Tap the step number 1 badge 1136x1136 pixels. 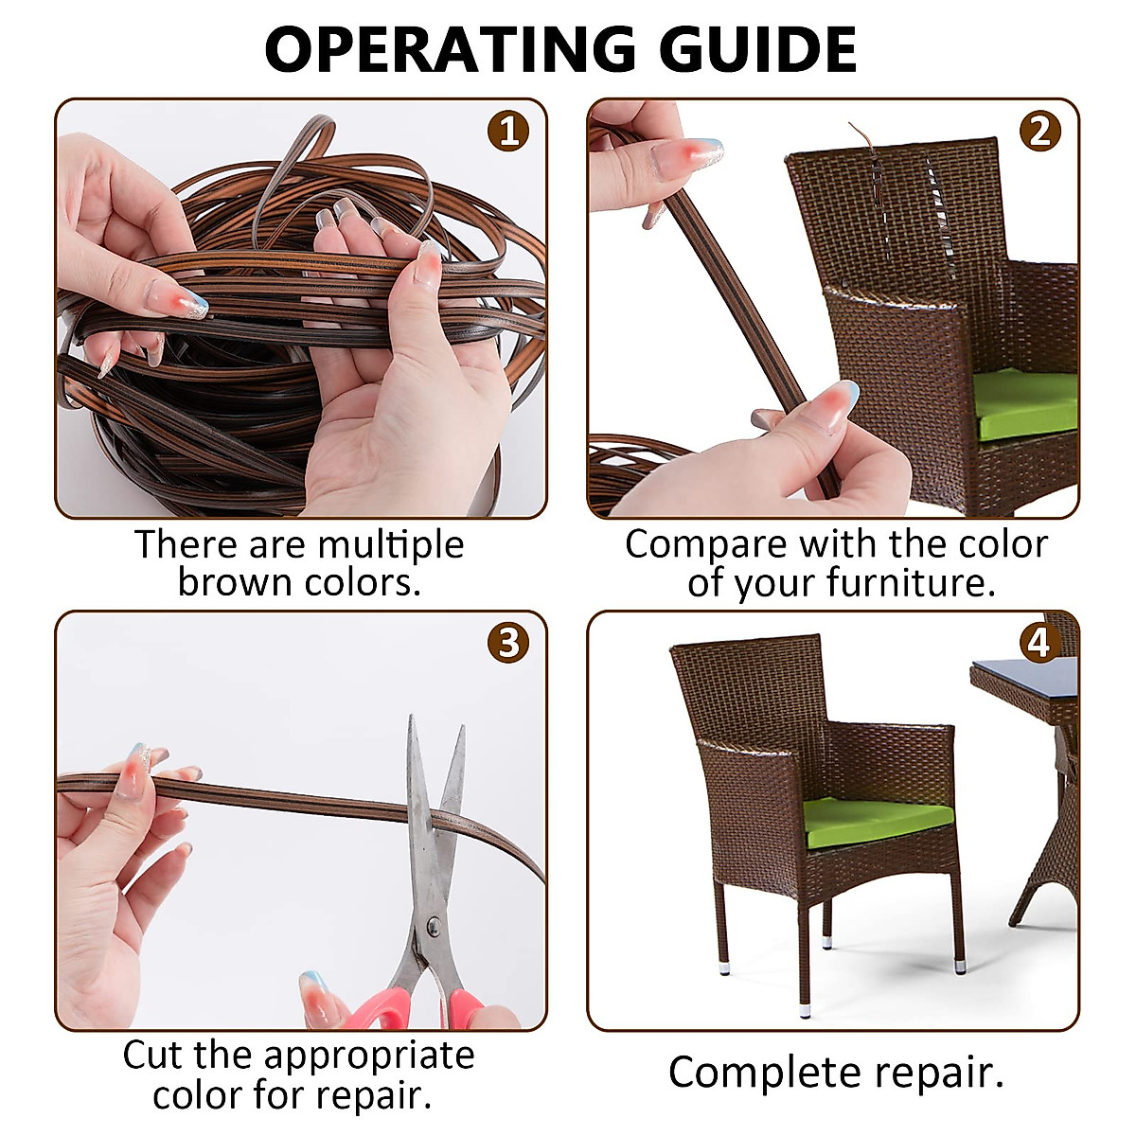[508, 131]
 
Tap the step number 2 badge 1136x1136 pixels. [1039, 131]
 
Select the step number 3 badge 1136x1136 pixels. [508, 643]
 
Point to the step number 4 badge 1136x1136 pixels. [1039, 644]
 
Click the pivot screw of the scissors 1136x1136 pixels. [434, 924]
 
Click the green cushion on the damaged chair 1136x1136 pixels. [1027, 402]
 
